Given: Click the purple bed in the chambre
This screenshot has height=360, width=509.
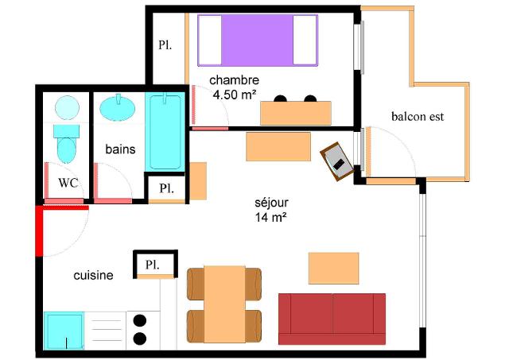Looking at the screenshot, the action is tap(258, 41).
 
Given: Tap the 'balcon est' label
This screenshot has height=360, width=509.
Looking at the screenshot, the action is tap(417, 117).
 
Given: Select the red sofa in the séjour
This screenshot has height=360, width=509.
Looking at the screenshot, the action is tap(332, 319).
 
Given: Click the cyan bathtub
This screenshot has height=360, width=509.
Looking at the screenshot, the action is tap(165, 131).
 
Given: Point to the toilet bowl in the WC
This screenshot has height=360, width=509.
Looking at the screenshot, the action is tap(67, 150).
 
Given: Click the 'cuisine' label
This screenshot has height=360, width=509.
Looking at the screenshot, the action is tap(93, 275).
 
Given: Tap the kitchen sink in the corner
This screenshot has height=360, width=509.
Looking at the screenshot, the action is tap(64, 331).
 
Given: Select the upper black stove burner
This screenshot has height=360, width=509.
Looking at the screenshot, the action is tap(140, 320).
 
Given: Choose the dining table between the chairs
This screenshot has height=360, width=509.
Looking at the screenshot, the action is tap(224, 304).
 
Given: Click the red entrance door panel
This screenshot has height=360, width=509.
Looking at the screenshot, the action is tap(39, 230).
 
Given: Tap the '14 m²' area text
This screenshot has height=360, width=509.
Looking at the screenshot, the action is tap(270, 217).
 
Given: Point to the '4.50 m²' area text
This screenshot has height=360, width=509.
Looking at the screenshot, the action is tap(235, 95).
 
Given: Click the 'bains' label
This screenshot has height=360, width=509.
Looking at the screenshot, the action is tap(120, 149).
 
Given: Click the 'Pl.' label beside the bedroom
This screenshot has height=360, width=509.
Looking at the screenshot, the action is tap(165, 45).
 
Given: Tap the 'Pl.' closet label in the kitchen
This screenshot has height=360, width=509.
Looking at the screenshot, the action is tap(152, 265).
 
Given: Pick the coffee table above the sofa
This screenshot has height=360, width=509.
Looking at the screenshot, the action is tap(334, 269).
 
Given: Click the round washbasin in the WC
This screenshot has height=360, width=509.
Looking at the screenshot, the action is tap(67, 107).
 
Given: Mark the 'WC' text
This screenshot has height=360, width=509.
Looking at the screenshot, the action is tap(68, 183).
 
